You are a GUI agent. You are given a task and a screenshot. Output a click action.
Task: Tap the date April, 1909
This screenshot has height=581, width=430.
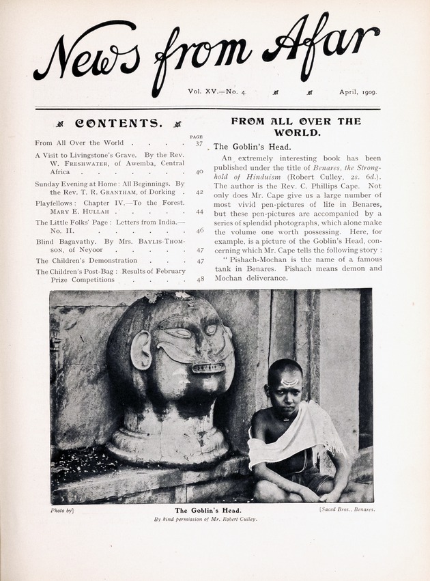[358, 91]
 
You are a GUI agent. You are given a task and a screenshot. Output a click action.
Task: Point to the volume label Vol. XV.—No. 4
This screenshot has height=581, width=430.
[216, 91]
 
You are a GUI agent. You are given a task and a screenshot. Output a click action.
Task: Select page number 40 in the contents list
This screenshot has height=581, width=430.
[199, 172]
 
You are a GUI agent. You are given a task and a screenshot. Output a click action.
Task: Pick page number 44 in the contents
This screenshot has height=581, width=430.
[199, 212]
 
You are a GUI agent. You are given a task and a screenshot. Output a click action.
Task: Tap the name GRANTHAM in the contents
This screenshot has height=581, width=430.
[121, 193]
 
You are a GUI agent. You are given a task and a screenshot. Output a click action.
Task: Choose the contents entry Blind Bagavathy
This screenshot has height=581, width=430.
[68, 241]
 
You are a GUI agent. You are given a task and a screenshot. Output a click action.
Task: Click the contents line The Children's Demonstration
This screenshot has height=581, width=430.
[87, 260]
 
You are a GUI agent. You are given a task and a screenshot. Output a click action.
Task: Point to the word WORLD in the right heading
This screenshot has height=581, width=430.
[297, 132]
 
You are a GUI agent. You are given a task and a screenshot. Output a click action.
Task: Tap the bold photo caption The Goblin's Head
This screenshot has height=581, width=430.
[208, 510]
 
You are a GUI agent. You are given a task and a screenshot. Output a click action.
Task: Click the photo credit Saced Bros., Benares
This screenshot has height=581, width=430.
[347, 510]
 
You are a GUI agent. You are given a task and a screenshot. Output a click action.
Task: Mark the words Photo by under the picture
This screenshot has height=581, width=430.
[62, 510]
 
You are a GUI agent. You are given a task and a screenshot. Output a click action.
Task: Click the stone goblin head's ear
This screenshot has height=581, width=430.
[141, 350]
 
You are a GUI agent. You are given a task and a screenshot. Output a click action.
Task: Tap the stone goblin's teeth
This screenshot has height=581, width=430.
[208, 368]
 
